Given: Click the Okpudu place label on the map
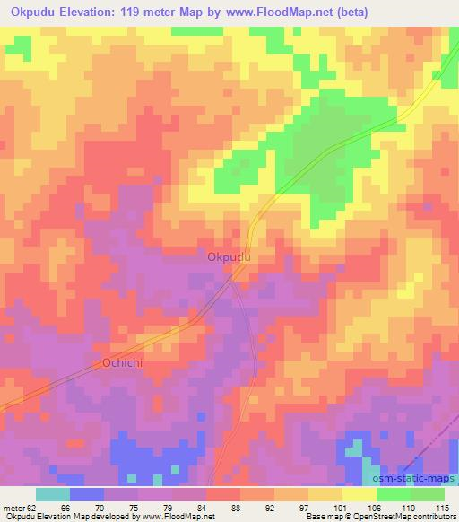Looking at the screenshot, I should (229, 257).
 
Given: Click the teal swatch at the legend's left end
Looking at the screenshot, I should (53, 494).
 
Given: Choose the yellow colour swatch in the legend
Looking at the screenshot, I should (359, 494).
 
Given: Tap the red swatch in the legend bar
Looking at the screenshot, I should (223, 494).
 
